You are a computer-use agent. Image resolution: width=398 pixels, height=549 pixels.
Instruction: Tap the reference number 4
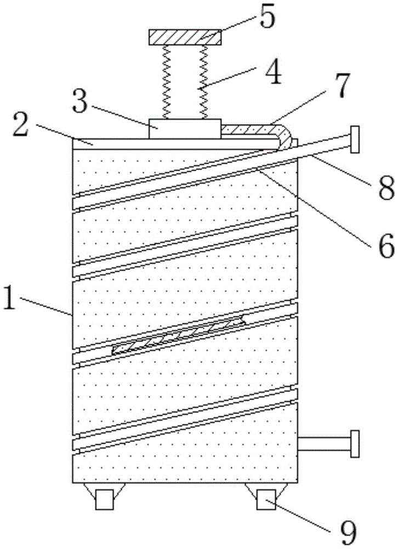click(267, 75)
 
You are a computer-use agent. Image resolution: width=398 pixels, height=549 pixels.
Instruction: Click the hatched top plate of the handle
click(185, 38)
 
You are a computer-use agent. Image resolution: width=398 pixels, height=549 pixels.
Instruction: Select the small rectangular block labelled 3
click(185, 128)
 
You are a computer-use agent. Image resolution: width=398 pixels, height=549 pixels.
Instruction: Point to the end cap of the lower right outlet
click(355, 444)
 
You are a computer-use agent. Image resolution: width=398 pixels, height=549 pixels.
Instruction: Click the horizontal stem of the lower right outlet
click(323, 444)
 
